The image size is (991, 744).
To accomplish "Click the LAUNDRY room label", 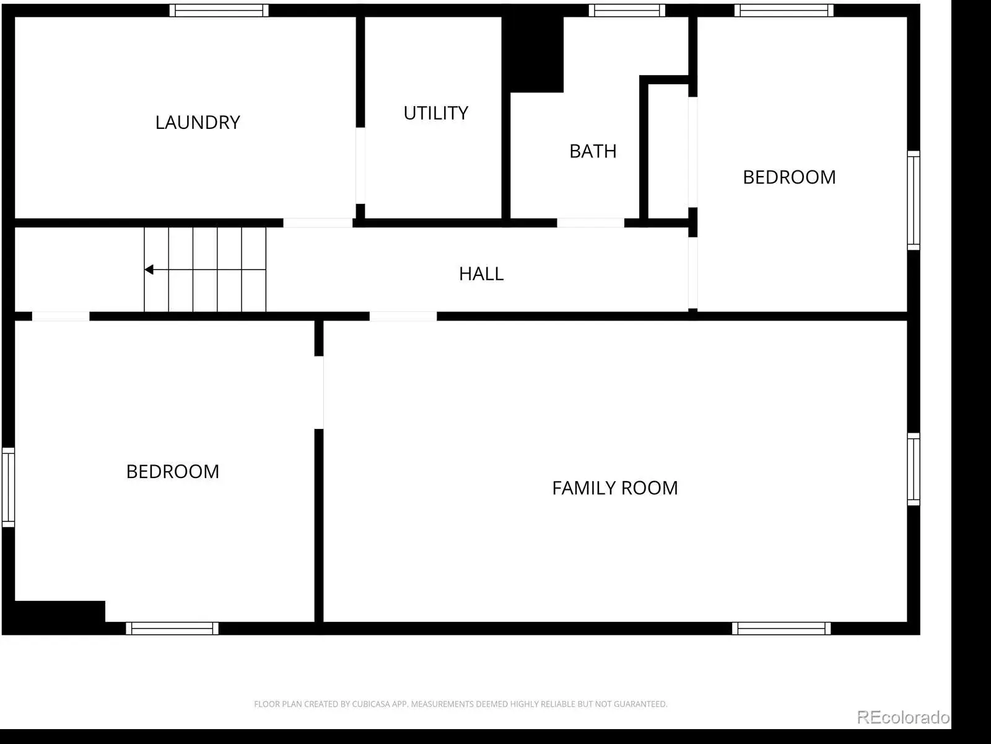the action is (198, 122).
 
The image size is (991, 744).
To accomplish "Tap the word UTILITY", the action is (435, 113).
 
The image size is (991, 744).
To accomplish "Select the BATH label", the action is (593, 151).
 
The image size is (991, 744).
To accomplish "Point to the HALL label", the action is (481, 274).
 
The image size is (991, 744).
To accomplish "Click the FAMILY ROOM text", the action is (615, 488).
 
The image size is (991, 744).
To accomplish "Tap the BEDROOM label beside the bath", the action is (789, 177).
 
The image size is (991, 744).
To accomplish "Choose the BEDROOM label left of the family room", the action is (172, 472).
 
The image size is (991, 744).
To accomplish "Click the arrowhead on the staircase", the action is (149, 270).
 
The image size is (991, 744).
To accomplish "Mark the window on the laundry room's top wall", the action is (219, 11).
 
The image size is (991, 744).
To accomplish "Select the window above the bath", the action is (627, 11).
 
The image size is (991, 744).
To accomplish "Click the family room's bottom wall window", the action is (781, 628).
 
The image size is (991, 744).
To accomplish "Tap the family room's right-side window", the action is (914, 469).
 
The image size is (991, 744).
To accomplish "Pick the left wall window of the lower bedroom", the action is (9, 487).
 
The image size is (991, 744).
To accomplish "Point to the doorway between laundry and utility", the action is (360, 166).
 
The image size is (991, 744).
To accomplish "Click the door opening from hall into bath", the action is (590, 223).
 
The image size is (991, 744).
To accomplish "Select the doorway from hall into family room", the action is (403, 316).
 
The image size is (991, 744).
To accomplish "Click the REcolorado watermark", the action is (903, 717).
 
